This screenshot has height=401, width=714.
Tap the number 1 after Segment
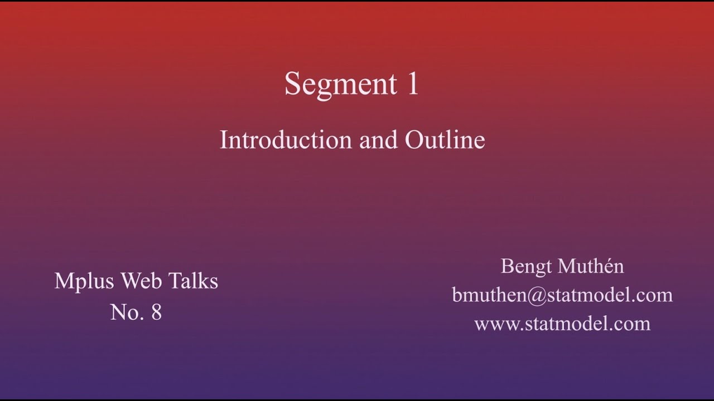412,84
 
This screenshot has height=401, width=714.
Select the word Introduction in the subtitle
285,140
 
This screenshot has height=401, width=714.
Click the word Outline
445,140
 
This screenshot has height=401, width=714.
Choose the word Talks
193,281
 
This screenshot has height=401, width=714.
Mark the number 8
156,312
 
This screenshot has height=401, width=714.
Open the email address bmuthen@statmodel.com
562,295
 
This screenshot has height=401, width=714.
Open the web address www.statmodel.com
562,324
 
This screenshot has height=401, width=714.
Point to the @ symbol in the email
535,295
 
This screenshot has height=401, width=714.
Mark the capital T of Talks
173,281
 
